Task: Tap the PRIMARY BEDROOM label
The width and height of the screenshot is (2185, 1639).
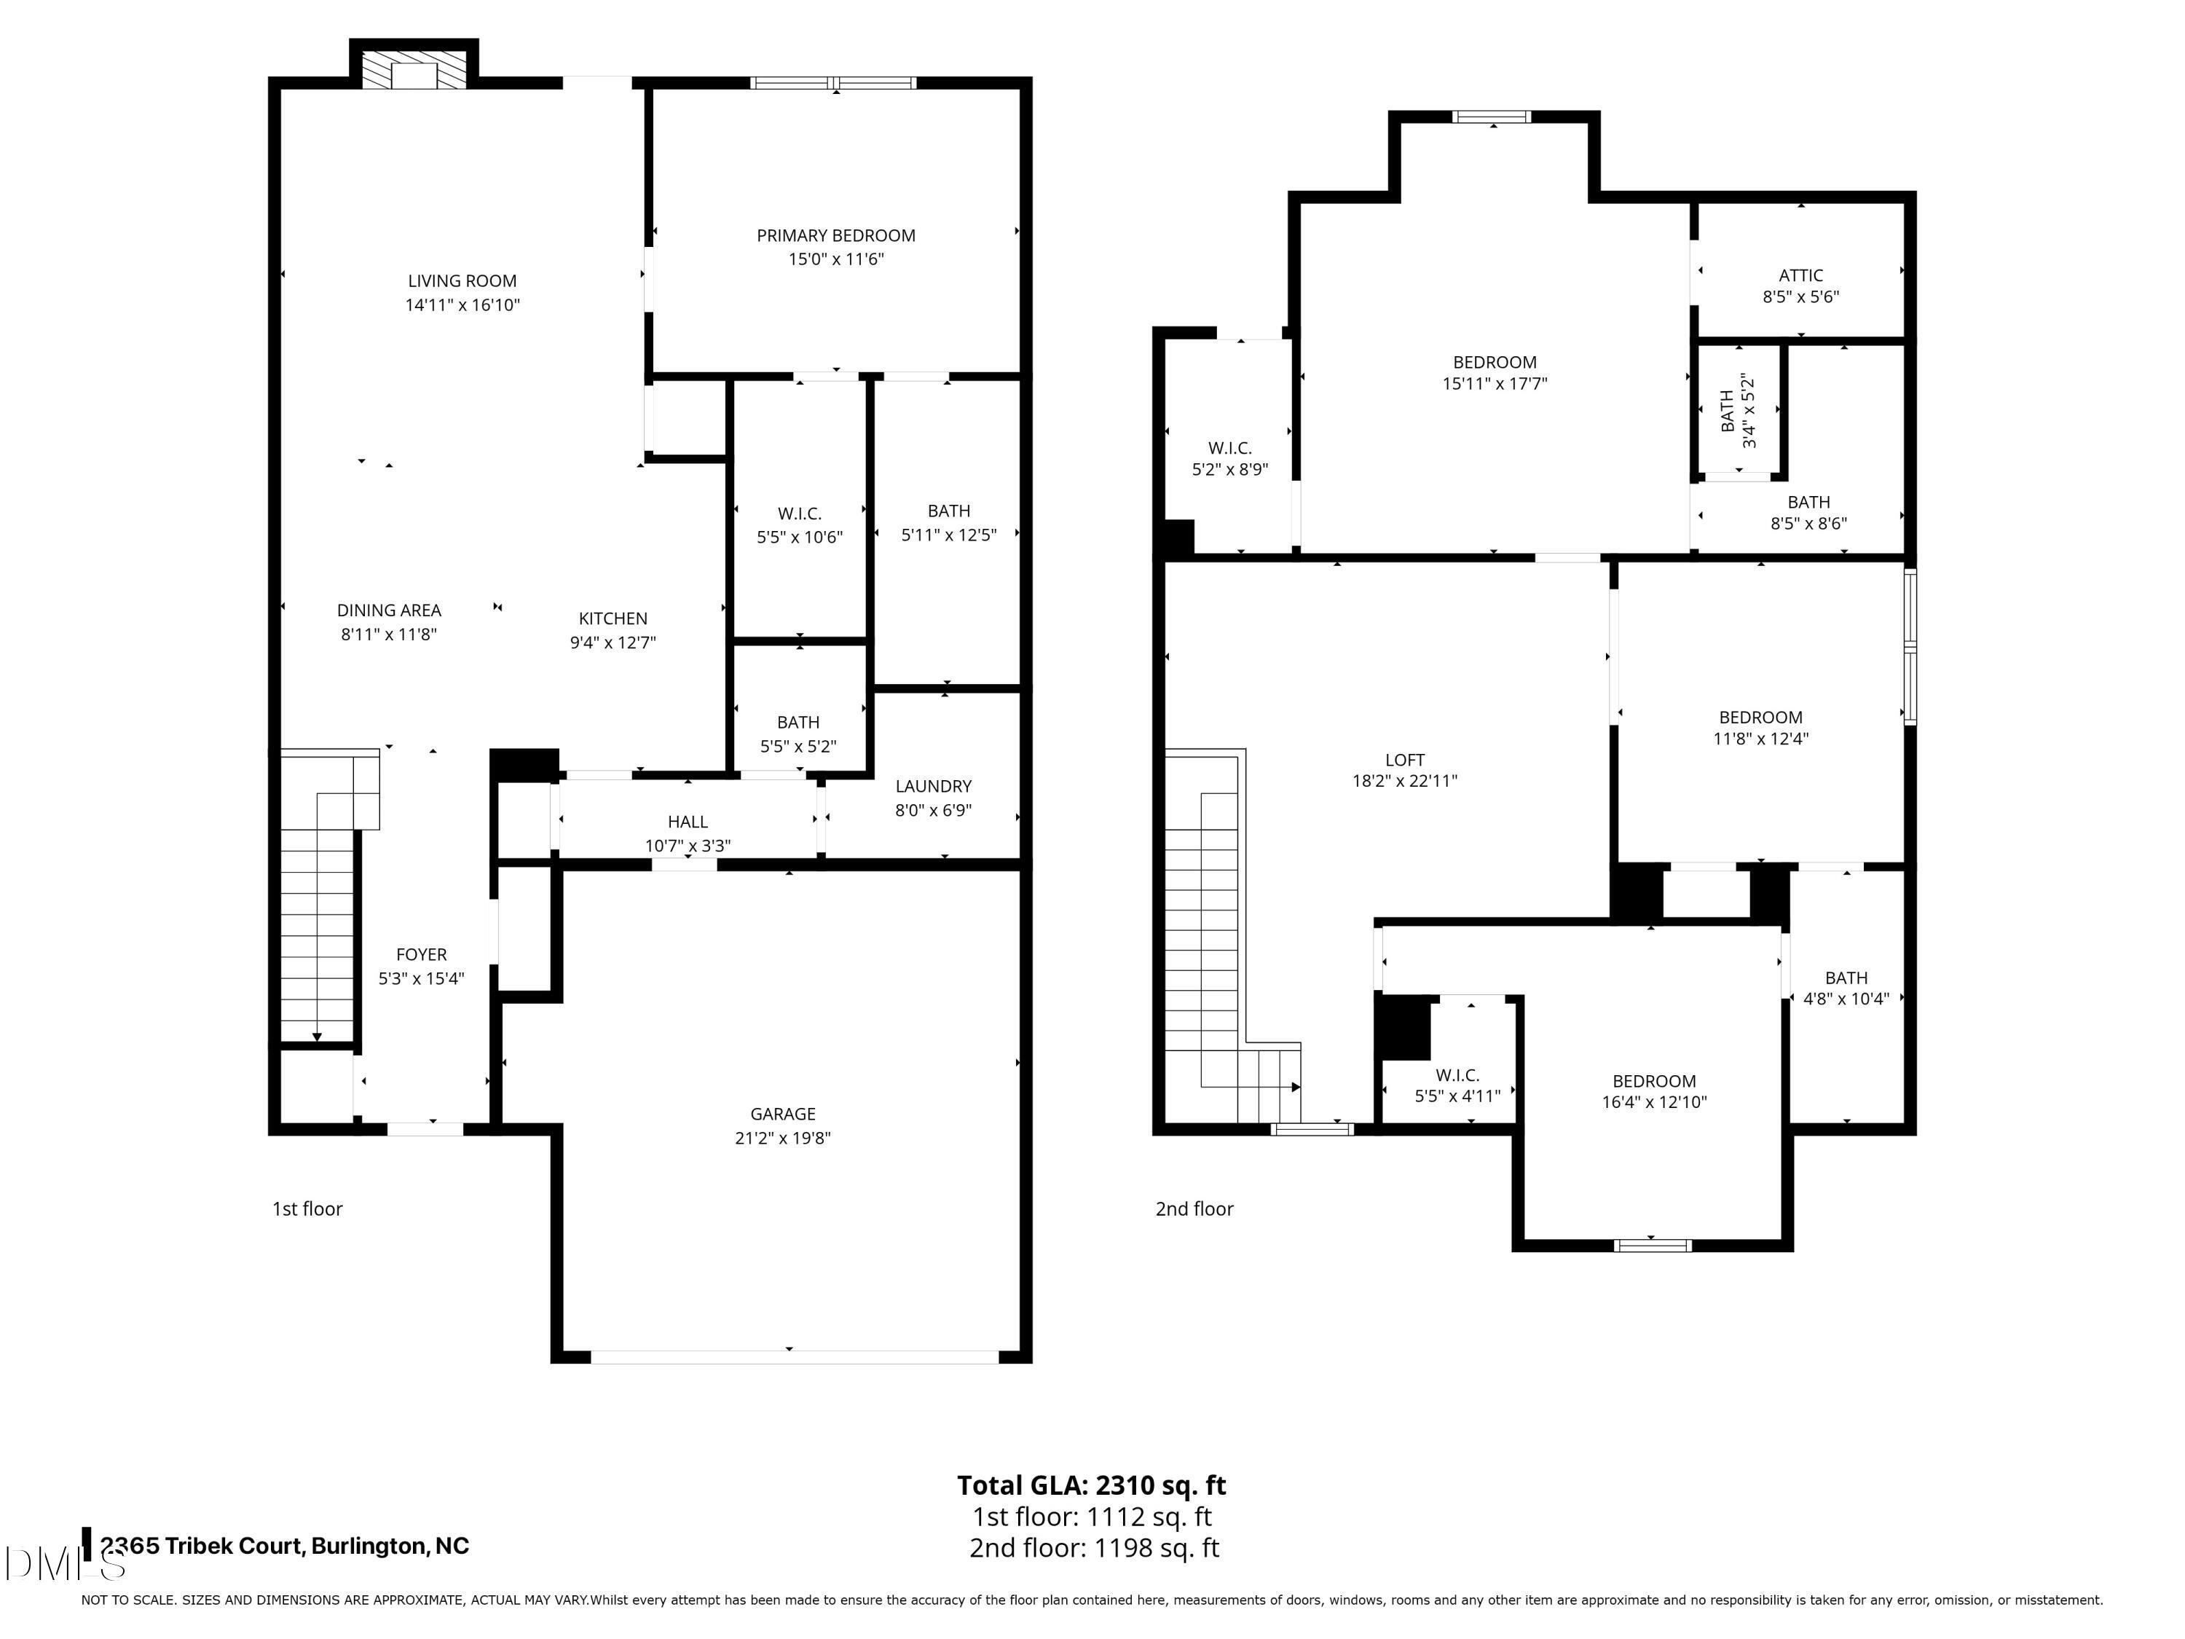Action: [835, 236]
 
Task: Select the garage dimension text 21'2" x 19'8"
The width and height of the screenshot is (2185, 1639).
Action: [782, 1138]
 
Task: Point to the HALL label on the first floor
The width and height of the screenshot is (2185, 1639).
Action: [688, 822]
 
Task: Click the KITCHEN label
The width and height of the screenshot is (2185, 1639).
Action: [613, 618]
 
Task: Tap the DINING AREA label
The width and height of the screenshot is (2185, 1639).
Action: [388, 610]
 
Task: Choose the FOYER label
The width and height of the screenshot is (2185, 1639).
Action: [421, 954]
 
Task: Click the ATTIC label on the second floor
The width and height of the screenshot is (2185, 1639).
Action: [1800, 275]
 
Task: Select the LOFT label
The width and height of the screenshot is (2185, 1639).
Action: [1403, 760]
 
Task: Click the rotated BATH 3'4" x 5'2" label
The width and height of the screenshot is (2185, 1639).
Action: [1738, 411]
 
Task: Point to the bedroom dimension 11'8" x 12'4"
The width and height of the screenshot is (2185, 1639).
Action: [1760, 739]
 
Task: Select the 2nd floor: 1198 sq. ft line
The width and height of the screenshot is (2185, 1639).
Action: [1093, 1548]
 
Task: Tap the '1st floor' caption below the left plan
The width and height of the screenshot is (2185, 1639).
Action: [307, 1209]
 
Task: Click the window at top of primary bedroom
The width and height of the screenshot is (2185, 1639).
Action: [834, 83]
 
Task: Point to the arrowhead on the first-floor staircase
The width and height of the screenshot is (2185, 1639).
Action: [317, 1037]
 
